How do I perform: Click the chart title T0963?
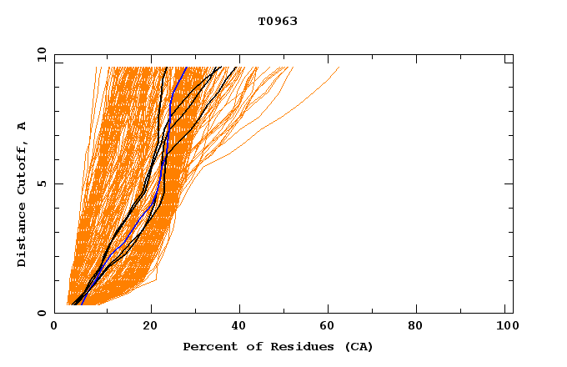click(x=278, y=21)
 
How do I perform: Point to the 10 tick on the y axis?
click(x=41, y=55)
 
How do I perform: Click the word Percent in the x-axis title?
click(x=207, y=346)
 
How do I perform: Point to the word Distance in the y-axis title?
click(x=22, y=233)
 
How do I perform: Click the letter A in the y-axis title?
click(x=22, y=126)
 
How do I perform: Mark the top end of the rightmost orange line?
click(x=339, y=68)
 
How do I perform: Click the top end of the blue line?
click(x=186, y=68)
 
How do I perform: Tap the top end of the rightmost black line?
click(x=237, y=68)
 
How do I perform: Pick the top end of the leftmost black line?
click(x=166, y=68)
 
